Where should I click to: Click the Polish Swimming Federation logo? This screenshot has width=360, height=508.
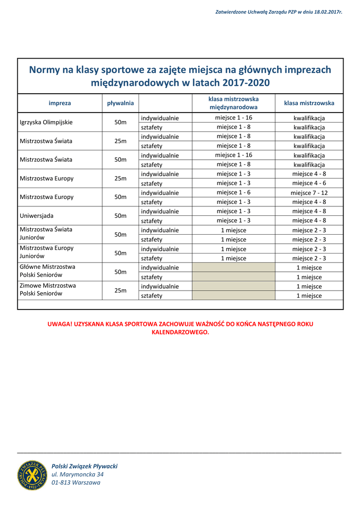coord(33,475)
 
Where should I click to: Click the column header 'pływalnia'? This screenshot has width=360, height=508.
coord(121,103)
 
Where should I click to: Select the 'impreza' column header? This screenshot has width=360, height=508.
coord(60,103)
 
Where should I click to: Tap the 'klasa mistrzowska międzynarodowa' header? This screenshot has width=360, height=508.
coord(233,103)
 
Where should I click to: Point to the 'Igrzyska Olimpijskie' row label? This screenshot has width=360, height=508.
coord(46,122)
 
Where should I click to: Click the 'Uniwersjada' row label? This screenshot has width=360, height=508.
coord(37,216)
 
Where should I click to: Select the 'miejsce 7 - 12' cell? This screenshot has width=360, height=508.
coord(309,192)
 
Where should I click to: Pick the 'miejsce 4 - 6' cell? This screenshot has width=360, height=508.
coord(309,183)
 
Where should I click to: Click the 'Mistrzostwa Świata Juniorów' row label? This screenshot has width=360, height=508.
coord(46,234)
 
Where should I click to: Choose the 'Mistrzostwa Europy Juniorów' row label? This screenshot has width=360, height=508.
coord(47,252)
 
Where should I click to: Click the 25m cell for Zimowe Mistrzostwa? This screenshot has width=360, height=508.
coord(121,291)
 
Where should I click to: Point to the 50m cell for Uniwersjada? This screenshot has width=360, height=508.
coord(121,216)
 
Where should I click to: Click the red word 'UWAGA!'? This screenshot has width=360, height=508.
coord(59,324)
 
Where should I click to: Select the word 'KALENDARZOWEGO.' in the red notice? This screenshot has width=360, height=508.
coord(180,332)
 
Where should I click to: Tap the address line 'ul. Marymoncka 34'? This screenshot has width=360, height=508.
coord(77,475)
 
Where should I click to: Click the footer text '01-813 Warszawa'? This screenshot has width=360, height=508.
coord(75,483)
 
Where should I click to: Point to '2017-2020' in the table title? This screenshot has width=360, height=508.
coord(246,82)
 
